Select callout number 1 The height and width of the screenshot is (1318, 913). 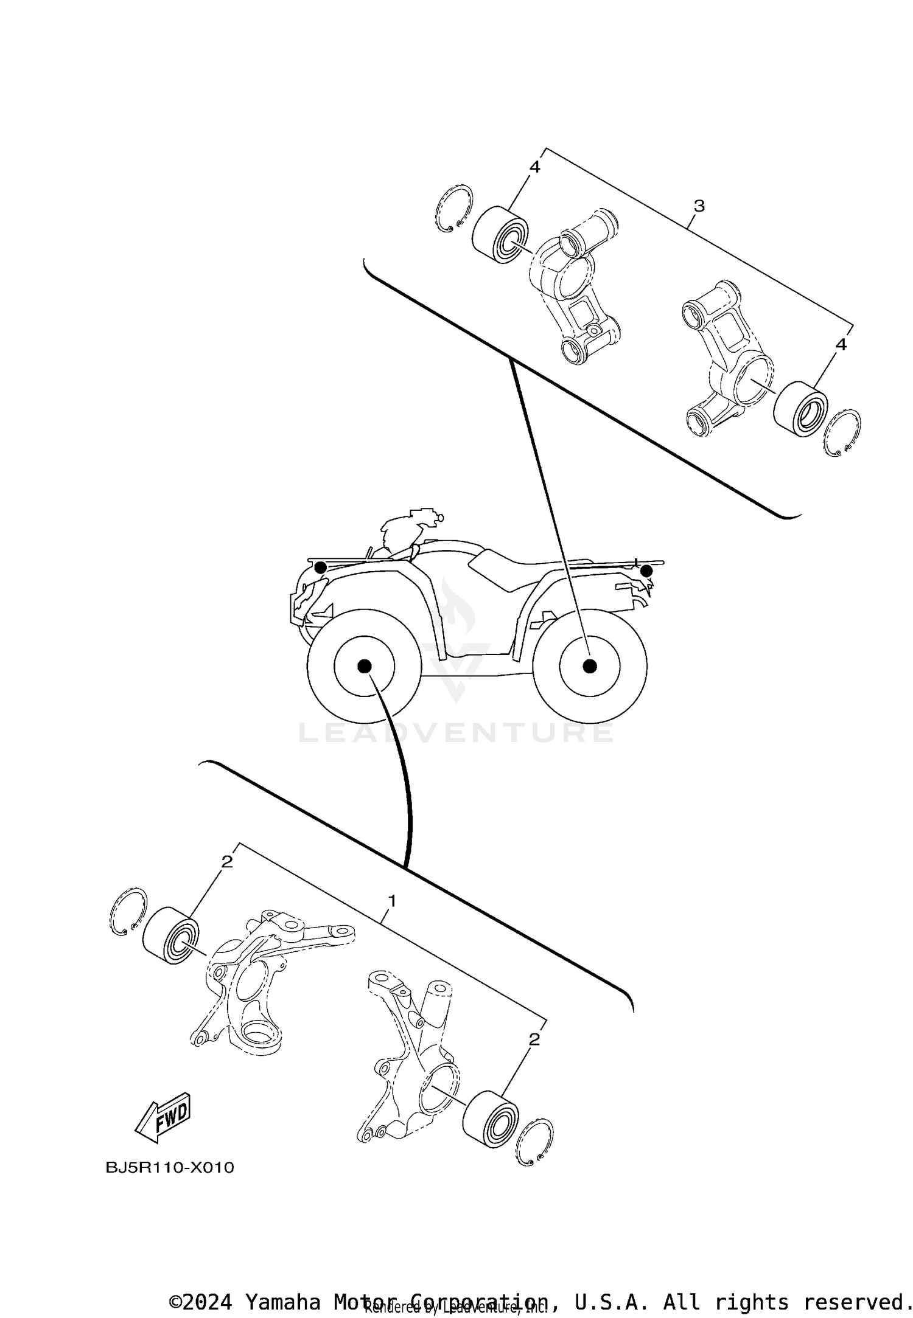click(x=393, y=900)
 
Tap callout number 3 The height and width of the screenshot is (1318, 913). click(x=699, y=206)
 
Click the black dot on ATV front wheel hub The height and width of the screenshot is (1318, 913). click(x=364, y=666)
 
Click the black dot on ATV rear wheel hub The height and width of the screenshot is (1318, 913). click(x=589, y=666)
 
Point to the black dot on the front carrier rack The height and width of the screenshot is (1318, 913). click(x=320, y=567)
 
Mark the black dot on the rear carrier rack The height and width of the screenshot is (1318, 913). click(x=646, y=571)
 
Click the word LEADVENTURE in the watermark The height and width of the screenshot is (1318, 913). click(x=455, y=733)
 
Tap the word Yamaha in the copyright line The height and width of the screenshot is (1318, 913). click(x=283, y=1295)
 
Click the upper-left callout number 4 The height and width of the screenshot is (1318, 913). click(x=534, y=167)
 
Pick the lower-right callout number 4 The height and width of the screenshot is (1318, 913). click(x=841, y=345)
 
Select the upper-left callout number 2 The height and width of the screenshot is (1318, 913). click(x=227, y=861)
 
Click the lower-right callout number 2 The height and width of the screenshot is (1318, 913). click(x=534, y=1039)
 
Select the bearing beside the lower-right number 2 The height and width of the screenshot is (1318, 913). click(x=491, y=1120)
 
